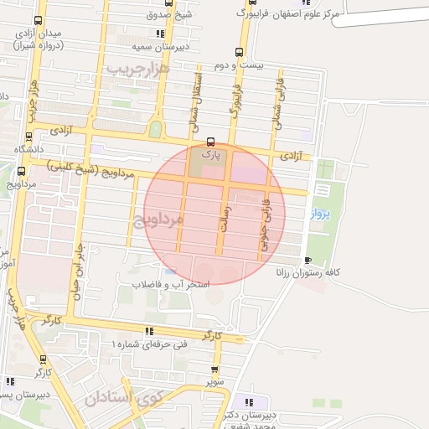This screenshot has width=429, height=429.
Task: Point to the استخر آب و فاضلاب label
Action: pos(171,285)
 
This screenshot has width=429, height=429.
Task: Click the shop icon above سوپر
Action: pos(215,369)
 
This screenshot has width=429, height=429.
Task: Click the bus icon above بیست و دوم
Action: pos(240,51)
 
